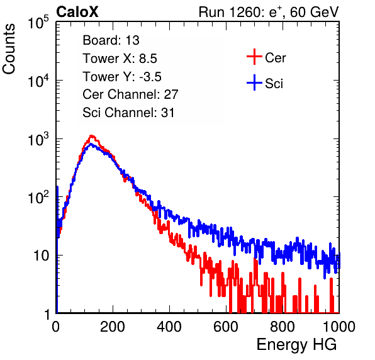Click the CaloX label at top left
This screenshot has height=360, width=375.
pos(77,12)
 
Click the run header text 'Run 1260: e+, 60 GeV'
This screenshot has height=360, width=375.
pos(269,12)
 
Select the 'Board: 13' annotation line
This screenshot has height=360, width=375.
pos(111,40)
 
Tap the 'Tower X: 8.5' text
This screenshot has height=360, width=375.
pos(120,59)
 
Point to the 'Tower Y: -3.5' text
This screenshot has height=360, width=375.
pos(122,77)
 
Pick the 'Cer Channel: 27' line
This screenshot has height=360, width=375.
pos(130,94)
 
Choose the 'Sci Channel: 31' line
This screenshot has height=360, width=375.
pos(128,113)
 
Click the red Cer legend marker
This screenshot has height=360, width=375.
pos(254,57)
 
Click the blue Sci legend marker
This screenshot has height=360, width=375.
pos(254,82)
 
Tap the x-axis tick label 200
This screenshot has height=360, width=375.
pos(113,327)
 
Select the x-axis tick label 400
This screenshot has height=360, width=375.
pos(169,327)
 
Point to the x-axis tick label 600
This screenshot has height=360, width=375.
pos(226,327)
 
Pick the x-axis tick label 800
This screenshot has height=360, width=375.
pos(283,327)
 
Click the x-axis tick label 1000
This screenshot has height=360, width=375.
pos(339,327)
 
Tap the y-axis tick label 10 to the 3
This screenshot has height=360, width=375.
pos(38,139)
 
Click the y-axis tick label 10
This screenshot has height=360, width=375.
pos(41,256)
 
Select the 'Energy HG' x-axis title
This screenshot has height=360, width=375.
pos(296,345)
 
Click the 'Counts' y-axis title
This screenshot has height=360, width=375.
pos(9,49)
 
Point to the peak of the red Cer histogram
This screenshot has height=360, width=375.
pos(91,136)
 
